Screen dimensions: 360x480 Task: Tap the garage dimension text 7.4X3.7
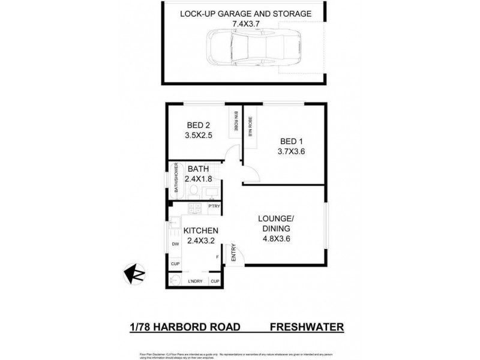(x=246, y=24)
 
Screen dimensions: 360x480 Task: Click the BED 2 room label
(x=198, y=125)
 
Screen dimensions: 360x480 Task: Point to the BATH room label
(x=198, y=169)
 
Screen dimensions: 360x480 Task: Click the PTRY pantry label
(x=214, y=207)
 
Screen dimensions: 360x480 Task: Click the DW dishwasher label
(x=176, y=244)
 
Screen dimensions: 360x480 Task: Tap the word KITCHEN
(x=200, y=231)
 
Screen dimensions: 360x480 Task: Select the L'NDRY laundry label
(x=194, y=281)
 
